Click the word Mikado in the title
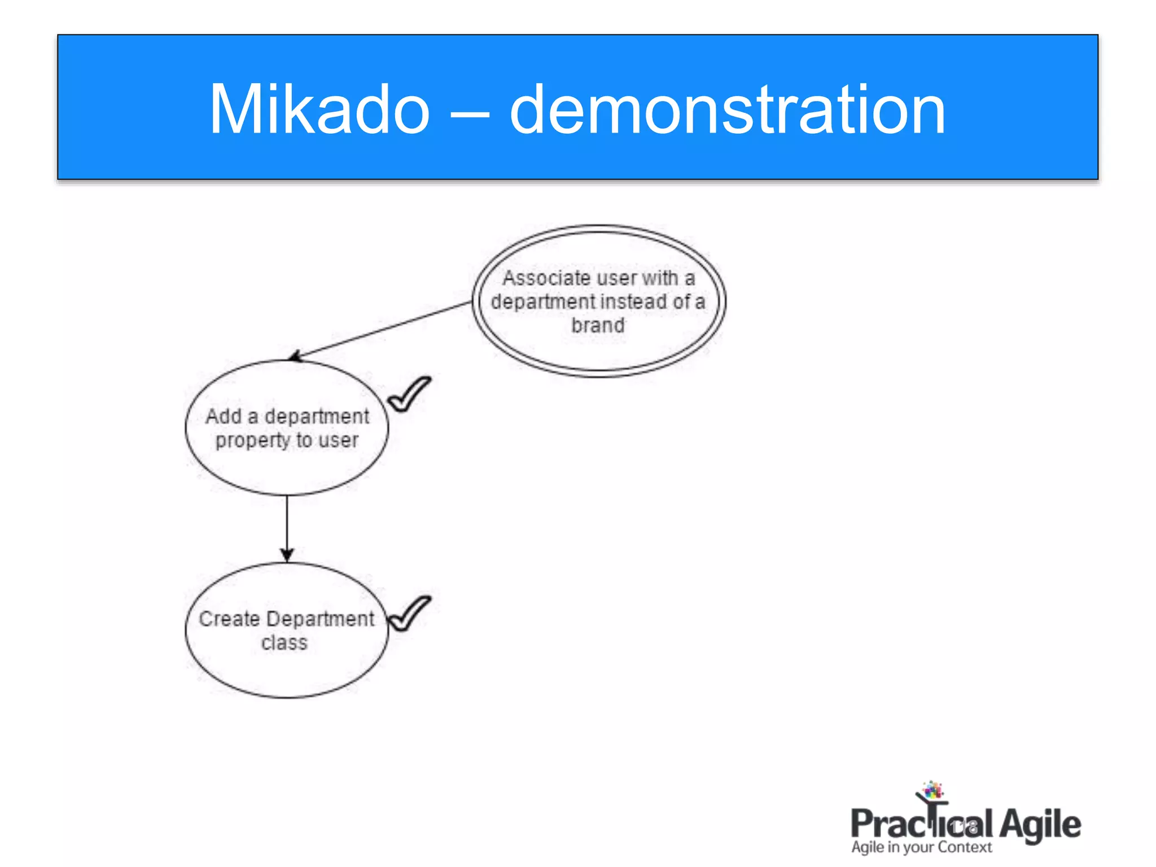[319, 110]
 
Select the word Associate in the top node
[546, 278]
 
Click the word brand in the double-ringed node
[598, 326]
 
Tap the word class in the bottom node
[284, 643]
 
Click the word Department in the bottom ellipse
[320, 619]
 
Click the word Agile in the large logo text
[1040, 825]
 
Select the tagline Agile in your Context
[921, 847]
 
